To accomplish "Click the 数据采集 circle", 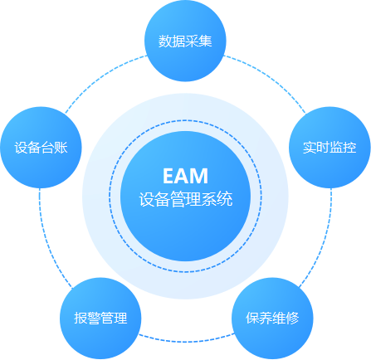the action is pos(185,41).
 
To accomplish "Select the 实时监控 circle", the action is pos(330,148).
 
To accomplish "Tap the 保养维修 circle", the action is pos(272,319).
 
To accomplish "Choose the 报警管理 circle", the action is pos(100,319).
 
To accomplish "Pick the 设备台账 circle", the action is pos(41,148).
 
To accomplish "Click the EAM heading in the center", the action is pos(185,176).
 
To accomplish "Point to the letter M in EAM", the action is pos(200,176).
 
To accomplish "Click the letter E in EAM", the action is pos(168,176).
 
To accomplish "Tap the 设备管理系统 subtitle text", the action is pos(186,199).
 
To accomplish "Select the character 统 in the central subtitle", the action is pos(225,199).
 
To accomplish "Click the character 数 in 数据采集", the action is pos(165,41).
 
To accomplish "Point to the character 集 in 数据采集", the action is pos(205,41).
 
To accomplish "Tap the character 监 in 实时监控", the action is pos(336,147).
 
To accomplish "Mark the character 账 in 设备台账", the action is pos(61,147).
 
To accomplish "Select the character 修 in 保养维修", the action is pos(292,318).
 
